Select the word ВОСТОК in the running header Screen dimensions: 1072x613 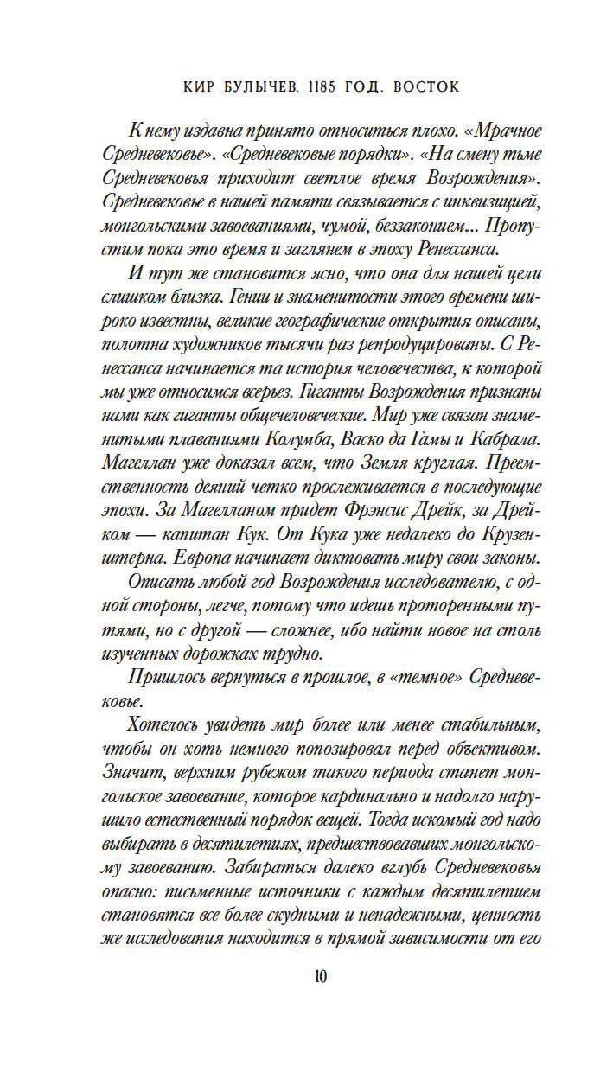point(426,87)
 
